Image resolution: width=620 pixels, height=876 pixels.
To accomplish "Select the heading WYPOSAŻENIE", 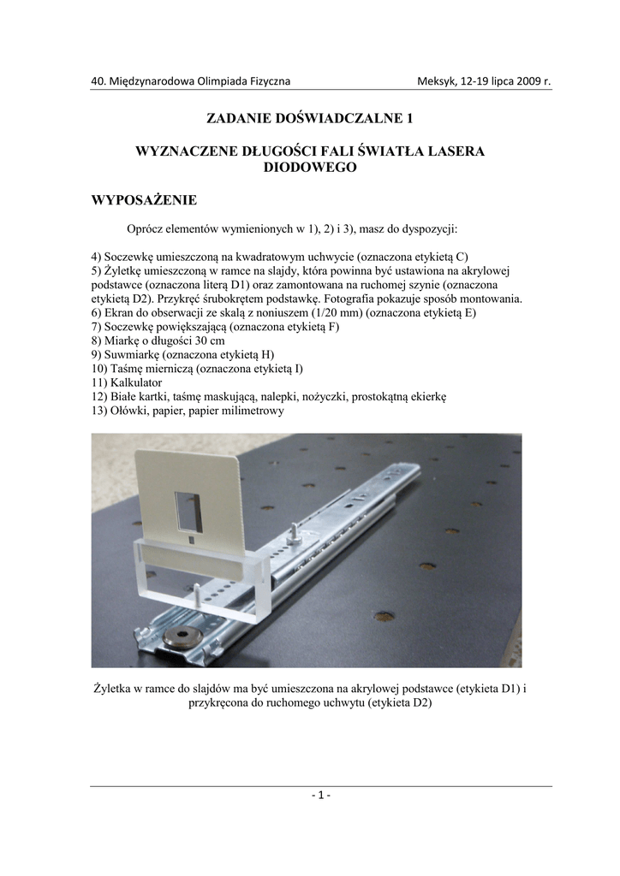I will point(144,201).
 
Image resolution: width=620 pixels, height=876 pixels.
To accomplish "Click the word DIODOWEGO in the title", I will point(310,169).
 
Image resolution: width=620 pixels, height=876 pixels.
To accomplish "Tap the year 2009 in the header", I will point(528,81).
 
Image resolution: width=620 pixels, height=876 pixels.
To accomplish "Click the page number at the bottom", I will point(321,795).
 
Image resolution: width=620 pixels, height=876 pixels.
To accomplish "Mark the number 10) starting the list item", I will point(99,369).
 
